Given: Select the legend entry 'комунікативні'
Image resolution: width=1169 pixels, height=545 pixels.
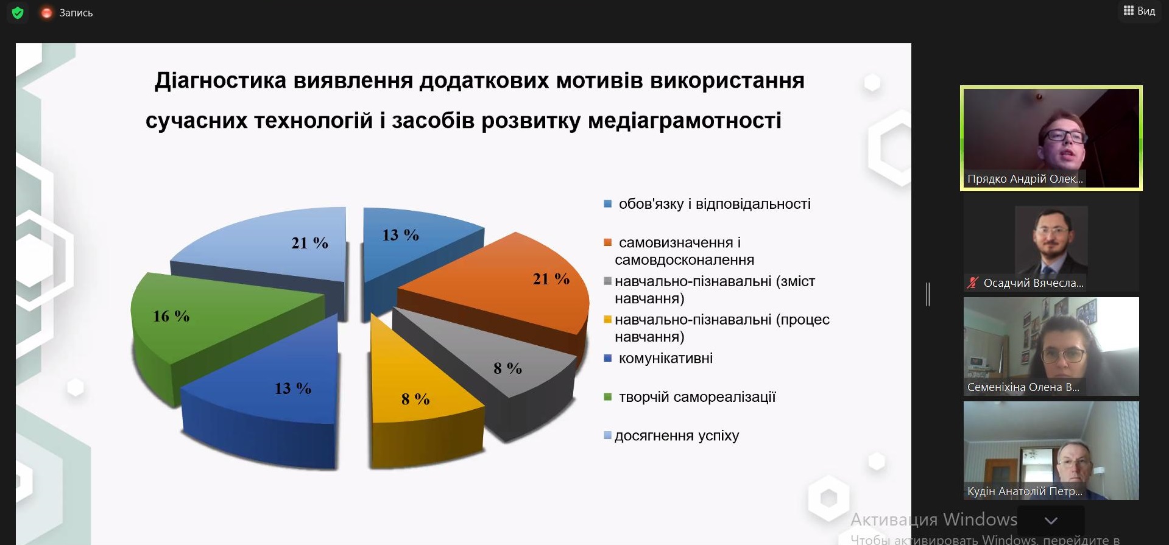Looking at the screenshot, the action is pyautogui.click(x=665, y=358).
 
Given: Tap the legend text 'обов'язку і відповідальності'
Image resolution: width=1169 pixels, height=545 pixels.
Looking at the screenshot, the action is pyautogui.click(x=715, y=204).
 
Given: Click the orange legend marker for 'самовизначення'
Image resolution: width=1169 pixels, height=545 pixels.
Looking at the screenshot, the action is pyautogui.click(x=607, y=242).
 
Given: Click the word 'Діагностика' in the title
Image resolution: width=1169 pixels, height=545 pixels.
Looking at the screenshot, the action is pyautogui.click(x=221, y=80).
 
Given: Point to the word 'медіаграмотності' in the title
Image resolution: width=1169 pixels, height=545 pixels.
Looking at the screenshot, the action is pyautogui.click(x=685, y=121).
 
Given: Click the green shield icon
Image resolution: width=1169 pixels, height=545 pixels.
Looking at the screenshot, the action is pyautogui.click(x=18, y=13).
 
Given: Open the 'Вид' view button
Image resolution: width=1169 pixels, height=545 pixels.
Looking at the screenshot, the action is pyautogui.click(x=1139, y=11).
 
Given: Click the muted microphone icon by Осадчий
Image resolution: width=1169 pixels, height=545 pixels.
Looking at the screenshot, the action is pyautogui.click(x=973, y=283).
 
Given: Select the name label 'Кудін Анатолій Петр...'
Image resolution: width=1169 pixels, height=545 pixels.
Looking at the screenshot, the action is pyautogui.click(x=1025, y=491).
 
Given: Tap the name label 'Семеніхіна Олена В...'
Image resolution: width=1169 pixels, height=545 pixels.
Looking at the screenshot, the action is pyautogui.click(x=1023, y=387).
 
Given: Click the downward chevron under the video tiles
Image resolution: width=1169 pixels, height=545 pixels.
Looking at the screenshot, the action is pyautogui.click(x=1051, y=521).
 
